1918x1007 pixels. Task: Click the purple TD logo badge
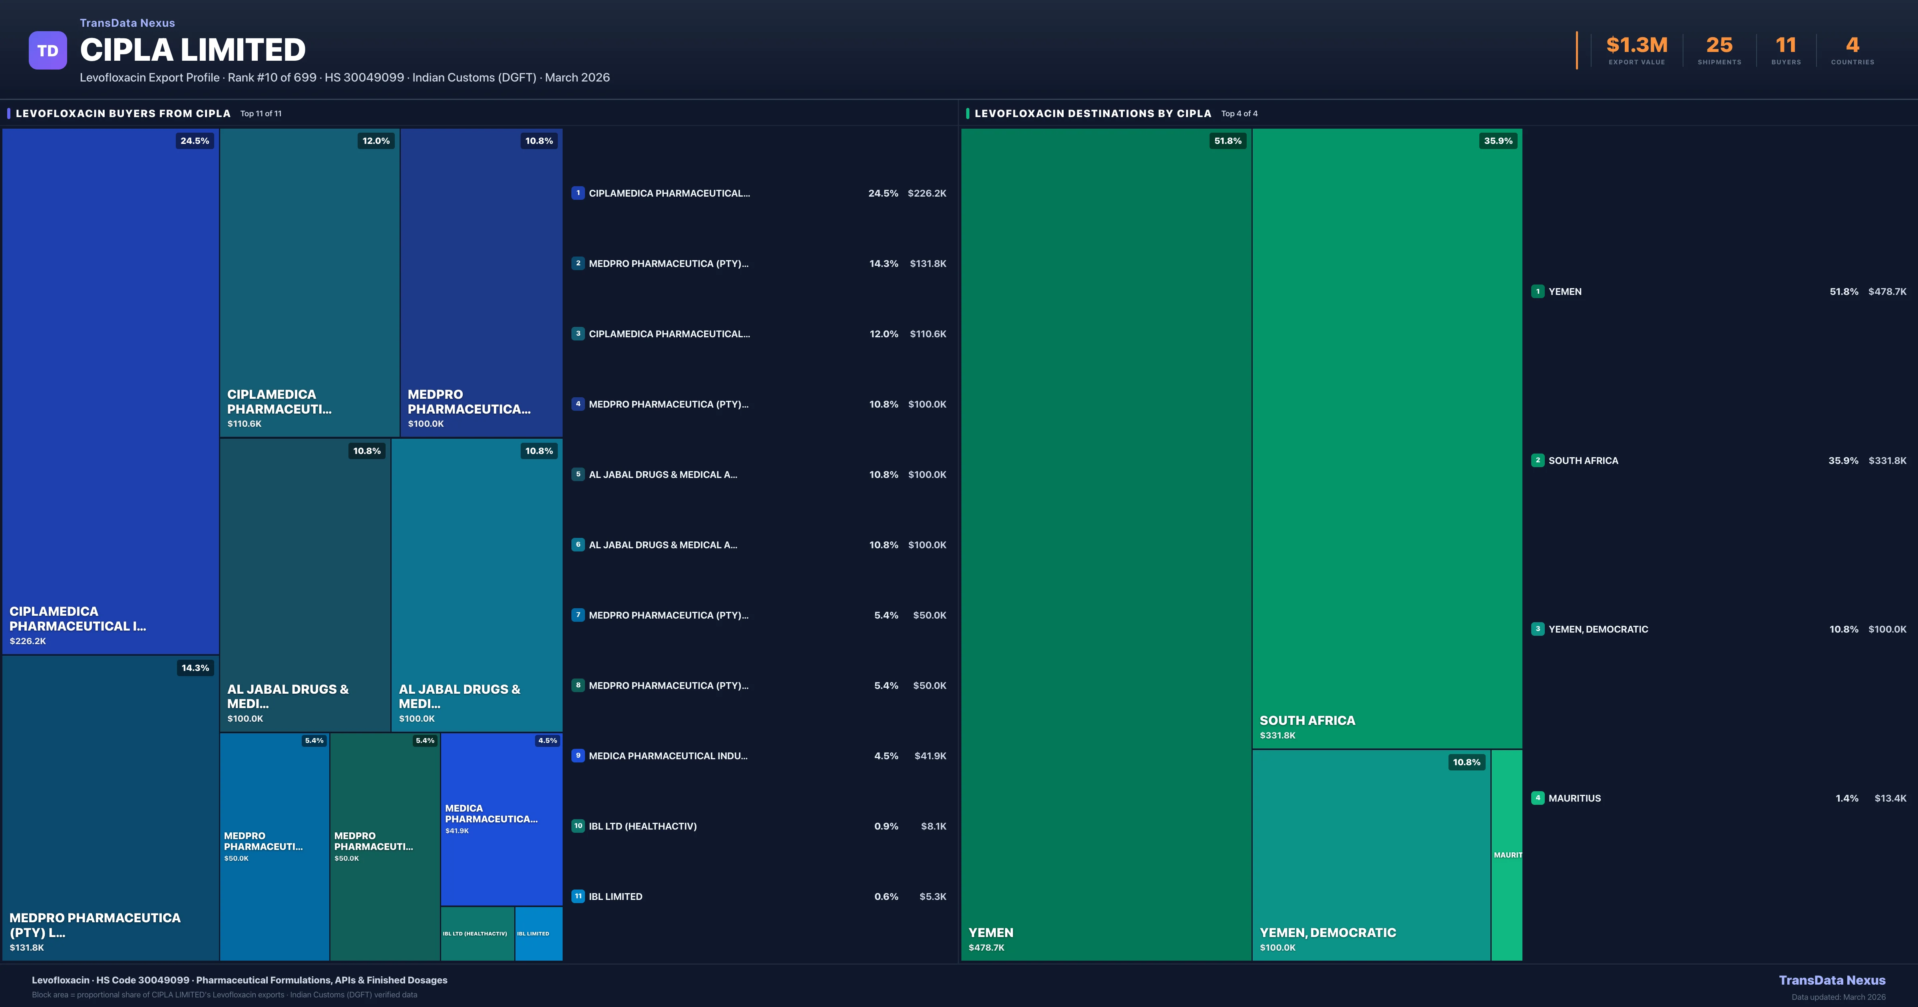pos(48,51)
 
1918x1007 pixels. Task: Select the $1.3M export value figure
pos(1637,46)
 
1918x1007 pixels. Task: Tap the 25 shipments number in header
pos(1719,46)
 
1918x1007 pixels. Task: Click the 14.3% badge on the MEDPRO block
pos(195,668)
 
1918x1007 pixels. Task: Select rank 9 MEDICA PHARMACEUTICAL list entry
pos(668,756)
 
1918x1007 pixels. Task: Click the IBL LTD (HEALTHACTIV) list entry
pos(643,826)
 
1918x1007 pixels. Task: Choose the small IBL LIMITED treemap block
pos(538,933)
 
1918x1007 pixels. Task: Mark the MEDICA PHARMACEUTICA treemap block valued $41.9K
pos(501,819)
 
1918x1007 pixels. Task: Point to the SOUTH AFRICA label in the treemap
pos(1307,720)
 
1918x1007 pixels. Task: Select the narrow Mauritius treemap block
pos(1506,855)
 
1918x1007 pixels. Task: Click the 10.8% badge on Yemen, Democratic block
pos(1466,762)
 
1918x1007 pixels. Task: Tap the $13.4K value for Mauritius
pos(1890,798)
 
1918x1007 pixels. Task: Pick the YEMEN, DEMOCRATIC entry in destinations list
pos(1598,629)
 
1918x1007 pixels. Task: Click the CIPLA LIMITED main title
pos(193,50)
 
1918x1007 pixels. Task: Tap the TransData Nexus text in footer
pos(1832,980)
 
